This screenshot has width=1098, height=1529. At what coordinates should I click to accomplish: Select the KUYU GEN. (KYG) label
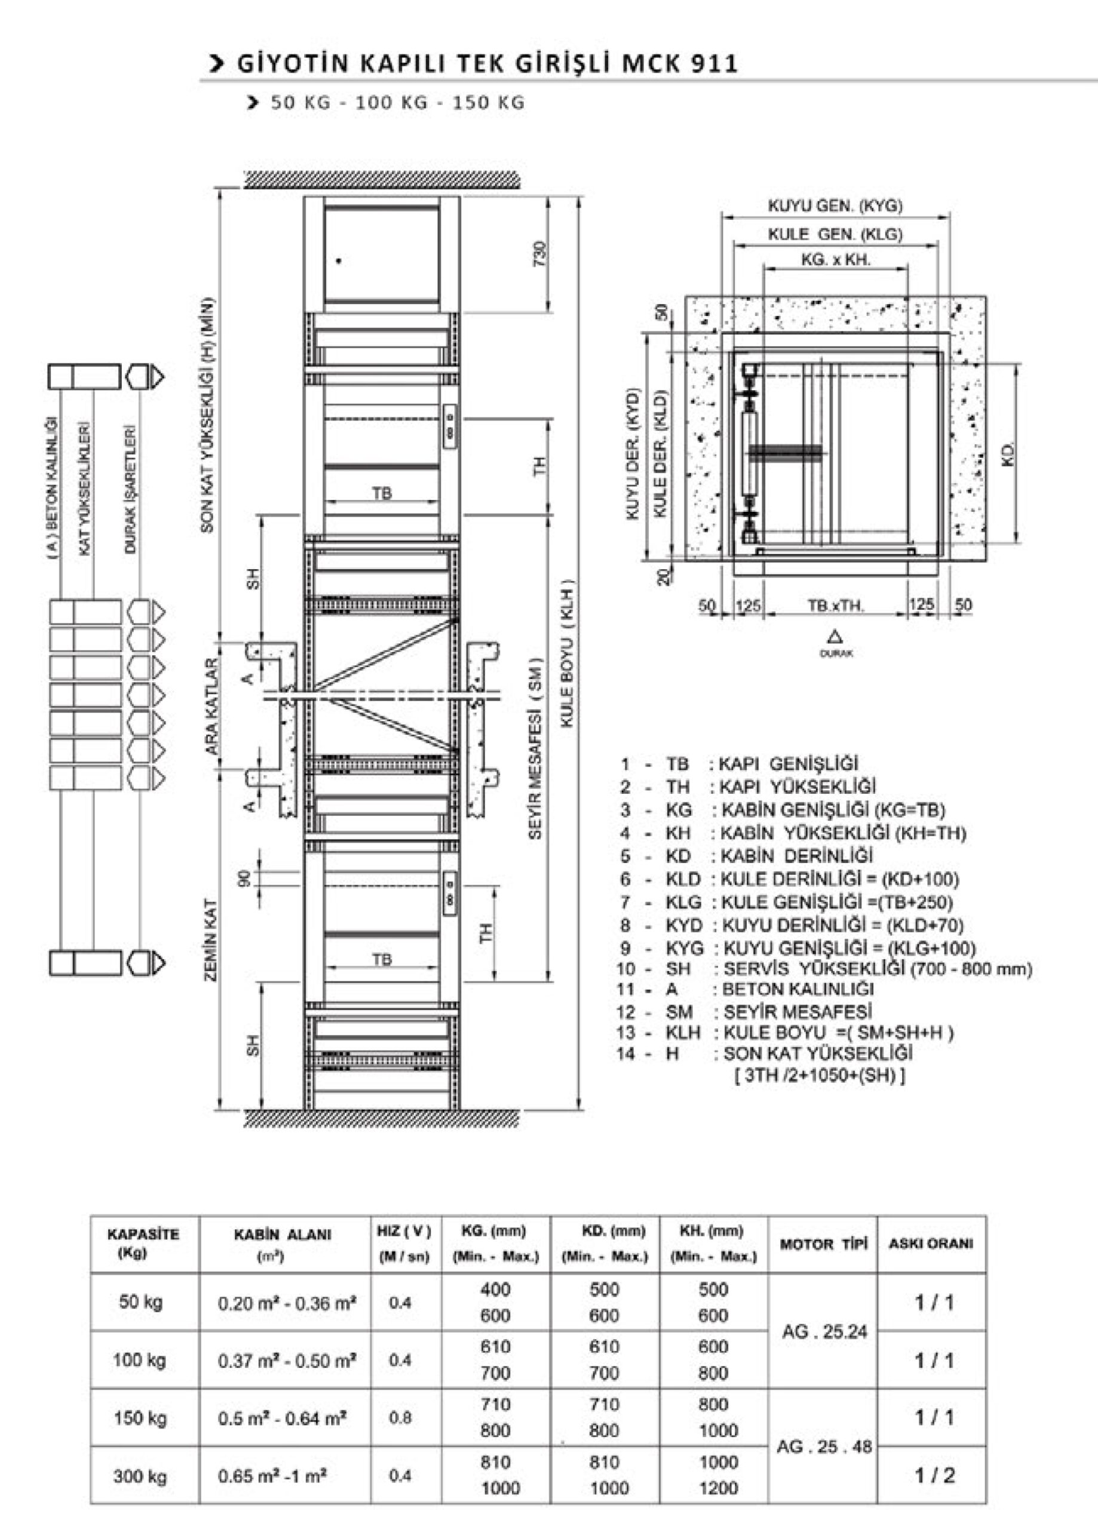pyautogui.click(x=835, y=205)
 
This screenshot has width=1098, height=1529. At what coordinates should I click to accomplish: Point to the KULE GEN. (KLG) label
pyautogui.click(x=835, y=234)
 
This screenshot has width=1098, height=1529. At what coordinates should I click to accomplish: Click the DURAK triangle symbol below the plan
pyautogui.click(x=836, y=637)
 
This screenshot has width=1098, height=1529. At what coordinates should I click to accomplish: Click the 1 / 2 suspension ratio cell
pyautogui.click(x=934, y=1475)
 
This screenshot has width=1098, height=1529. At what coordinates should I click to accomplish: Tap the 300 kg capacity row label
pyautogui.click(x=140, y=1476)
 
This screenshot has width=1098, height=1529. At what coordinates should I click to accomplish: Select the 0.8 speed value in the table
pyautogui.click(x=400, y=1418)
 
